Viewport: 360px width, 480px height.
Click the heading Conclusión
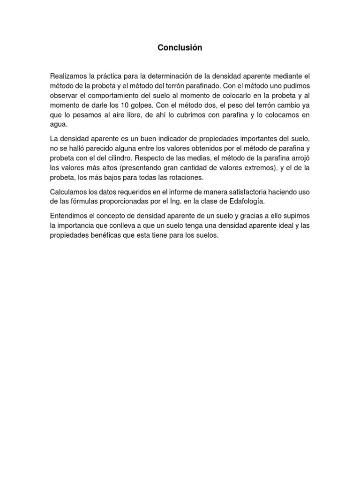click(180, 48)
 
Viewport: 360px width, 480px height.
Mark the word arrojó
click(298, 158)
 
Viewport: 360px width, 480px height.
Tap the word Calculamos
click(71, 192)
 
